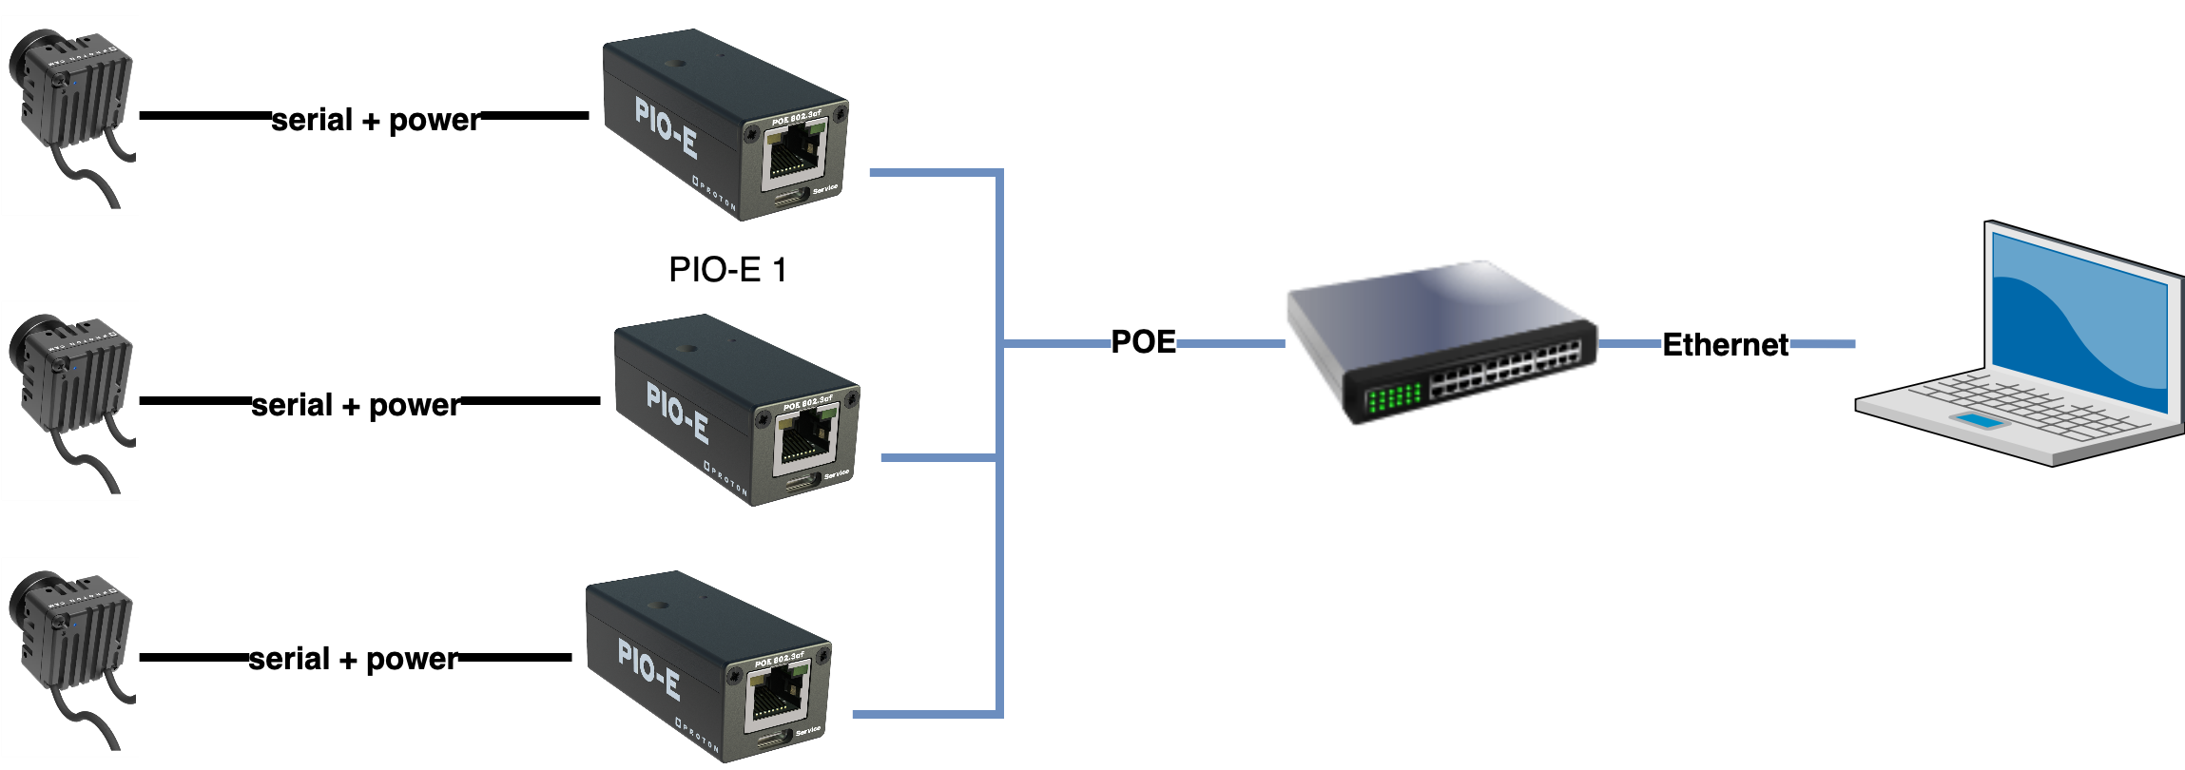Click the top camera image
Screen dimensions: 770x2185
click(x=70, y=115)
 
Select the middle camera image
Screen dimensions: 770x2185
click(x=70, y=400)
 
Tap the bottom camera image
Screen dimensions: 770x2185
click(x=70, y=657)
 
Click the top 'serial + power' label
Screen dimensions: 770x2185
click(x=376, y=120)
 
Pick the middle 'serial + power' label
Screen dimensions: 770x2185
click(x=356, y=405)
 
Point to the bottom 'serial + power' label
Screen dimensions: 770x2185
click(x=353, y=659)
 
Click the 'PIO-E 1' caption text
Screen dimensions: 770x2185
click(x=728, y=270)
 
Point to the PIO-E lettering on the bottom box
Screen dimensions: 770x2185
click(x=649, y=669)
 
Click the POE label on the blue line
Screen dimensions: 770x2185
click(x=1144, y=342)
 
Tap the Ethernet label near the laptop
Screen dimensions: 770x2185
click(x=1725, y=344)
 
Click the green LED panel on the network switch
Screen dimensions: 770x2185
click(x=1393, y=396)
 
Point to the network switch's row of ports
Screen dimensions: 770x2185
click(x=1506, y=372)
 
